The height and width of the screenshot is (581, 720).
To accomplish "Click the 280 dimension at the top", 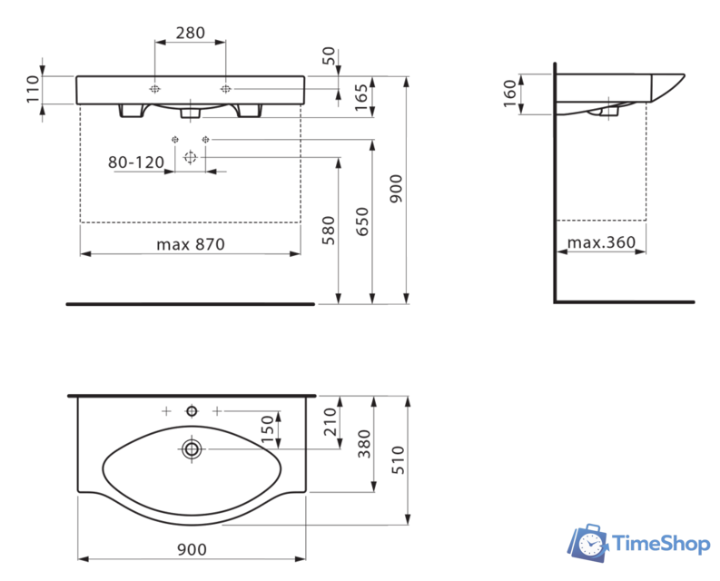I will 190,33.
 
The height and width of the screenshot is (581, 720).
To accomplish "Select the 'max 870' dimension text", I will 190,243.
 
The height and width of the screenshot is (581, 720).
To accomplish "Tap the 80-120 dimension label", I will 135,162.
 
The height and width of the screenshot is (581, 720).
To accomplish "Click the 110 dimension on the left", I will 34,90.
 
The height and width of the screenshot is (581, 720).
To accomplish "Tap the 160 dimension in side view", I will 509,93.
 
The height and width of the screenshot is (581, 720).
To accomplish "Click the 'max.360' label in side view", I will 600,243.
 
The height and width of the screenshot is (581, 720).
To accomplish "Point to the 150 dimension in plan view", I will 268,429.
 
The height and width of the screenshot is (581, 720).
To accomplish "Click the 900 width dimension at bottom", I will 192,549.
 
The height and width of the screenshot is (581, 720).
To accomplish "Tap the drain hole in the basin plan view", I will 192,448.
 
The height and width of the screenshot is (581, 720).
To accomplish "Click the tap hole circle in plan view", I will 192,411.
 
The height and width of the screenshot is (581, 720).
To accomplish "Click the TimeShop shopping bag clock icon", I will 589,542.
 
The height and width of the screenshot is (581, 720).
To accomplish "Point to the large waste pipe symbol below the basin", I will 190,157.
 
